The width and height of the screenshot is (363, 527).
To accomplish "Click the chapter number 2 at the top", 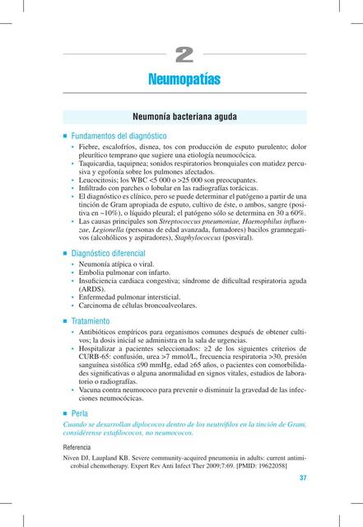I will tap(184, 55).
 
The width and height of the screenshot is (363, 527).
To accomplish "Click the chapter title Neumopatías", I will tap(184, 80).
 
